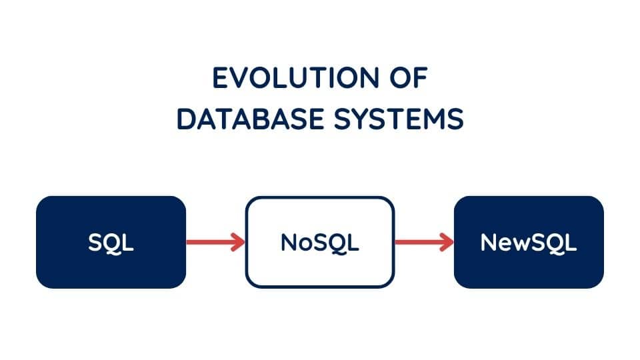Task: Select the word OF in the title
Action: coord(409,77)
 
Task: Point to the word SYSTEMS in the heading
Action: coord(399,119)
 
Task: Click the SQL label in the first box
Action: coord(111,243)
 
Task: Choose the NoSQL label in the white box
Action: coord(319,243)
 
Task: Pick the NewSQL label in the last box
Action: coord(529,243)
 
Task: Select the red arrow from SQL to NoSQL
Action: coord(215,242)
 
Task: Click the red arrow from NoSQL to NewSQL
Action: coord(424,242)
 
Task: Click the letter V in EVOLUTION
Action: coord(242,77)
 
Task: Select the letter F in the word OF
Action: coord(421,77)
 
